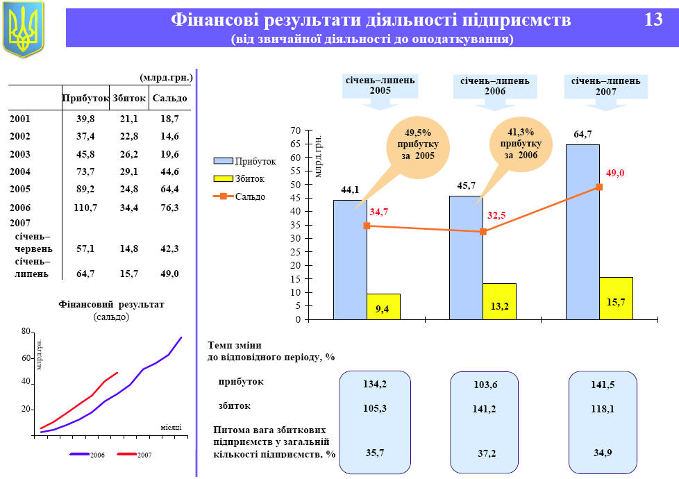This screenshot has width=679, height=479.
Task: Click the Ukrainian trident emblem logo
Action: pyautogui.click(x=23, y=28)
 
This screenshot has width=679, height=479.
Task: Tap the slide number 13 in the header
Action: pyautogui.click(x=653, y=20)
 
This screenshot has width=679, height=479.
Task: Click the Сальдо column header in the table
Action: pyautogui.click(x=169, y=98)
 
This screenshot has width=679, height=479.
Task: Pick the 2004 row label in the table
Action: pyautogui.click(x=20, y=171)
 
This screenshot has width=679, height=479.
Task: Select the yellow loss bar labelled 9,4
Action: pyautogui.click(x=383, y=307)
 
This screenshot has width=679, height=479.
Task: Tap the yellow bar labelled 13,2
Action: pyautogui.click(x=499, y=302)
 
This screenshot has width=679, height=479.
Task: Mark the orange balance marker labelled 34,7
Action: pyautogui.click(x=367, y=226)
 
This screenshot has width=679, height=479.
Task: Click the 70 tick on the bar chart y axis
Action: pyautogui.click(x=296, y=131)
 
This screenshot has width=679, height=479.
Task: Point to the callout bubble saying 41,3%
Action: pyautogui.click(x=521, y=143)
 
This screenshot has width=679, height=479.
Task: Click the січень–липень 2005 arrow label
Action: pyautogui.click(x=380, y=86)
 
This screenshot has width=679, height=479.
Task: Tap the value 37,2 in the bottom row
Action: pyautogui.click(x=488, y=453)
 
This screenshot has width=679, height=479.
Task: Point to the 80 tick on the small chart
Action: pyautogui.click(x=26, y=333)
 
